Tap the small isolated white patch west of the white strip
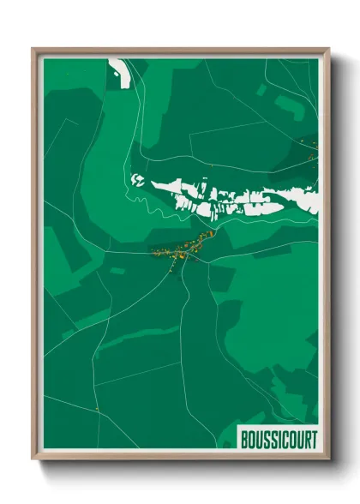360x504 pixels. [136, 180]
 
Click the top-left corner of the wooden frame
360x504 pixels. [33, 49]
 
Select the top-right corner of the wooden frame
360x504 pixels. [328, 49]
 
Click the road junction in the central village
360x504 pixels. [185, 255]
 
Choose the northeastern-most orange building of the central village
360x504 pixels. [212, 231]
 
